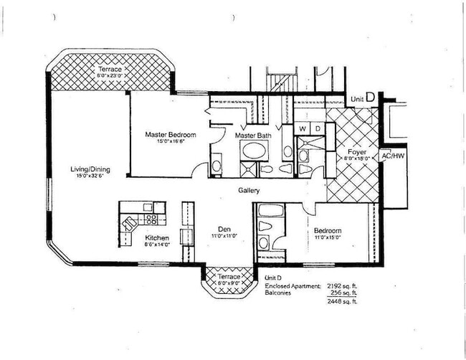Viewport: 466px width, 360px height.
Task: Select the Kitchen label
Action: pos(157,237)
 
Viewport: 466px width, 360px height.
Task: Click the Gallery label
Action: pos(249,191)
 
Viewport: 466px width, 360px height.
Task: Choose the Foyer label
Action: pos(357,152)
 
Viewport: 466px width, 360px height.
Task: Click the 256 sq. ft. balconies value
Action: pos(344,293)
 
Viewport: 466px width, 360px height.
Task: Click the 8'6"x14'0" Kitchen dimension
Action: pos(157,245)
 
